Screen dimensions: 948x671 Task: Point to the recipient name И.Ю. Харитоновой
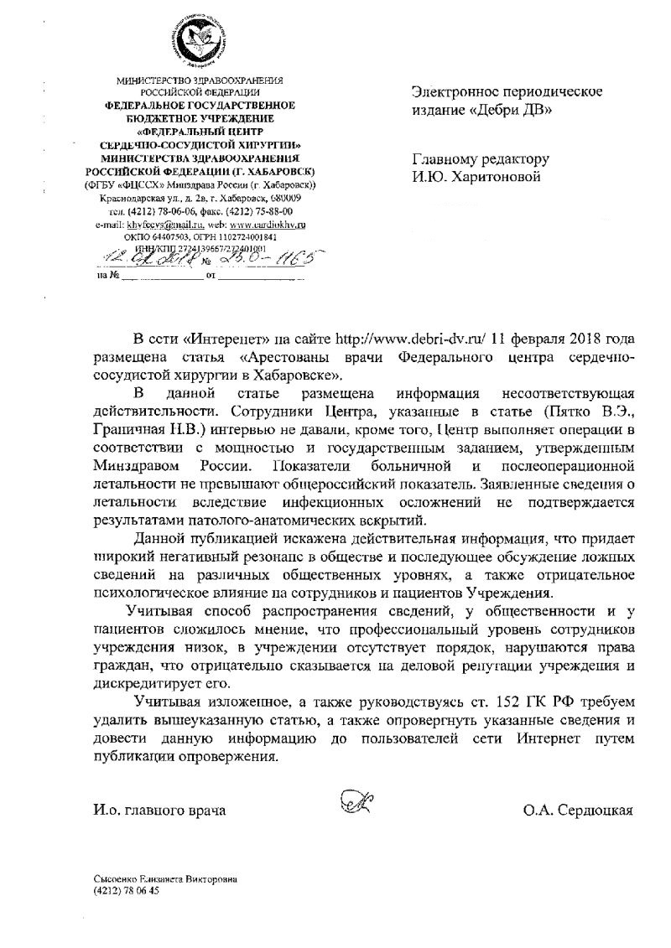(477, 176)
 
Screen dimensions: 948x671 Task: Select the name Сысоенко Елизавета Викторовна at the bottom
(165, 879)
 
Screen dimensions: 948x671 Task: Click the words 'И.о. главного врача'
(159, 811)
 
